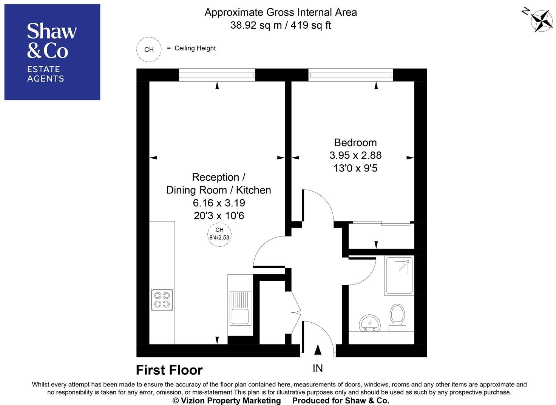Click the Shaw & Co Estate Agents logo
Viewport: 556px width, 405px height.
(x=52, y=52)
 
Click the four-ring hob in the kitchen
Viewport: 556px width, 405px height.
(x=162, y=300)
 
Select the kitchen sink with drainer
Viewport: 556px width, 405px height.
(x=240, y=308)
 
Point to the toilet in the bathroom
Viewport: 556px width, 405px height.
(x=397, y=318)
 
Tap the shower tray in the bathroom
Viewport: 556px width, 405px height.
(x=399, y=276)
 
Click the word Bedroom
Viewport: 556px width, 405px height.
(x=355, y=142)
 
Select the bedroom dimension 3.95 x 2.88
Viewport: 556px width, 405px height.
(x=355, y=155)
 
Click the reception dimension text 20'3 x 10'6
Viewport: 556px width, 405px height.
(x=219, y=216)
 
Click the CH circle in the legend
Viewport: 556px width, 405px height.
(x=149, y=49)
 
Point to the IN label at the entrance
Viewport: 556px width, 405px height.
(x=318, y=368)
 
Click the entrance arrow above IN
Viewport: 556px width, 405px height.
(x=318, y=350)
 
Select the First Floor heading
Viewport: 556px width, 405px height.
(x=169, y=370)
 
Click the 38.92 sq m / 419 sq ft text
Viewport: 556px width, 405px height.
(x=281, y=25)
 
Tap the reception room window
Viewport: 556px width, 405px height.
(x=217, y=75)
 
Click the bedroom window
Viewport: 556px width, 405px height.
(x=351, y=75)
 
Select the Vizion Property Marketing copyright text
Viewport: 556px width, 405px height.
(x=227, y=400)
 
